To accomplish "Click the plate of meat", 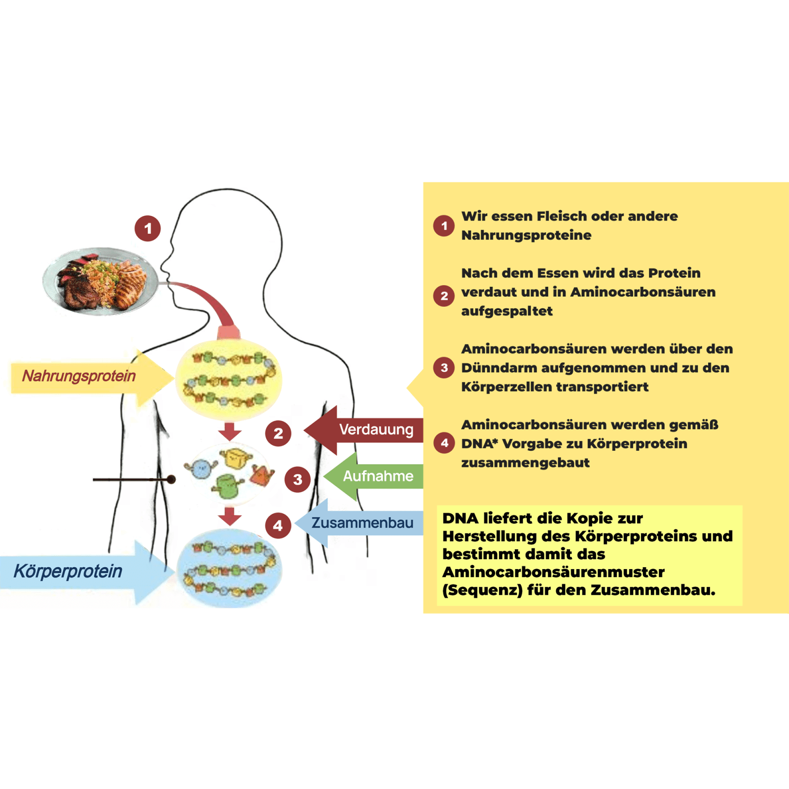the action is tap(101, 281).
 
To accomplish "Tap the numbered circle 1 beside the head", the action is tap(148, 228).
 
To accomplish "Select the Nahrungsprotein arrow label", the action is tap(79, 376).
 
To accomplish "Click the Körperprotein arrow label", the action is tap(68, 571).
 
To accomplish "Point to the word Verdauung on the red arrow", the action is tap(376, 430).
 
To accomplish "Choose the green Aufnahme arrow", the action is tap(373, 476).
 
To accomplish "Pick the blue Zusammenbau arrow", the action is tap(359, 523).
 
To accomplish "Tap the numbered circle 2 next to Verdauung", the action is tap(278, 433).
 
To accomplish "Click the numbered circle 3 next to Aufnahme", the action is tap(297, 479).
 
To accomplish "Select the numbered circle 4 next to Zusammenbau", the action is tap(278, 525).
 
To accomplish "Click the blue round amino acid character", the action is tap(201, 469).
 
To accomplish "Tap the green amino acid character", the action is tap(227, 486).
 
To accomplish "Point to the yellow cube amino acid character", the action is tap(236, 458).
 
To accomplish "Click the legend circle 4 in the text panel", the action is tap(444, 443).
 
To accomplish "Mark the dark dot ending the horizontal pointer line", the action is tap(171, 479).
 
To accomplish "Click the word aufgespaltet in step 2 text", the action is tap(507, 311).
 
